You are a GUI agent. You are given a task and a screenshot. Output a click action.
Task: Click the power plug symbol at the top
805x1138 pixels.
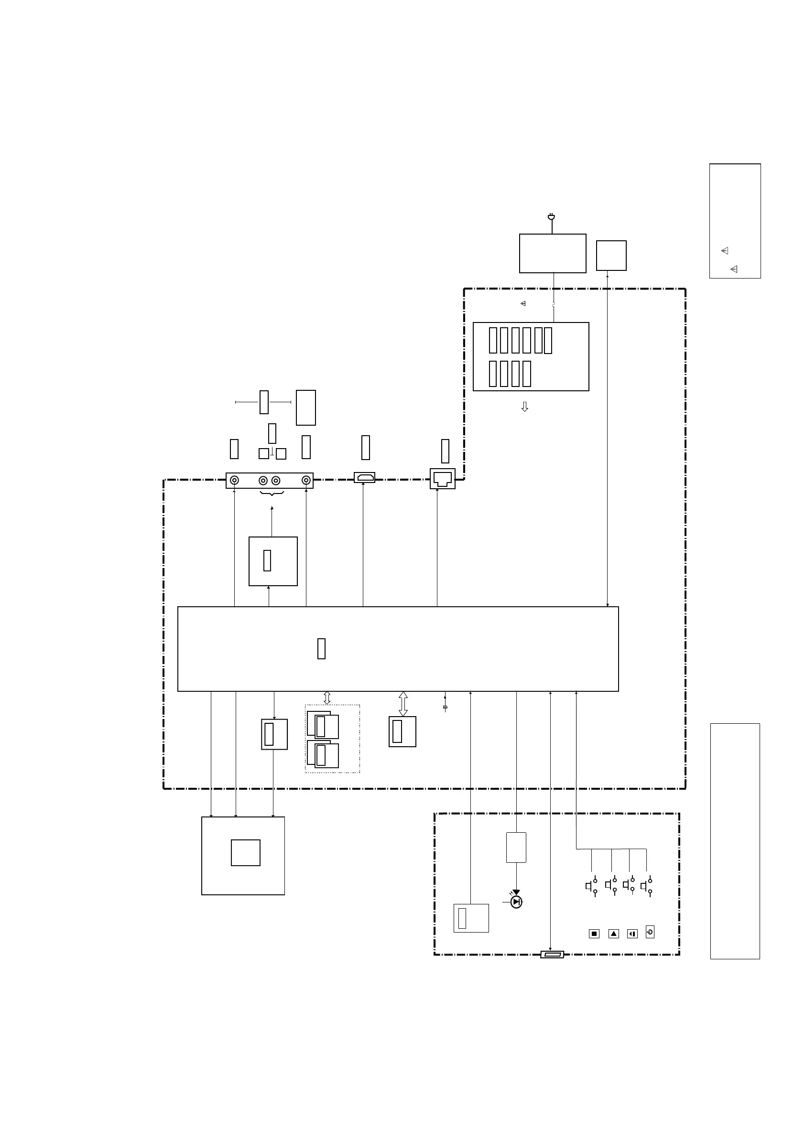tap(551, 217)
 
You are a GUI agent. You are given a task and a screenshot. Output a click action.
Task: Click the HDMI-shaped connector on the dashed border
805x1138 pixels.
tap(365, 478)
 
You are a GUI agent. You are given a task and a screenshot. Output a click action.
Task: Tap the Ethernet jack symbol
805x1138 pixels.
tap(443, 479)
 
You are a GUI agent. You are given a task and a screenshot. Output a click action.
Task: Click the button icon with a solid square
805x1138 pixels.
tap(594, 934)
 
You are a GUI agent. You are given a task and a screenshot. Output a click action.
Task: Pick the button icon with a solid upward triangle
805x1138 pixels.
tap(613, 934)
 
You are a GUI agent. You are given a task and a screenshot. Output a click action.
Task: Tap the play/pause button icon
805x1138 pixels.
tap(632, 934)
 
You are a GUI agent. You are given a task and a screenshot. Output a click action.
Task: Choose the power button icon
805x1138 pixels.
tap(650, 932)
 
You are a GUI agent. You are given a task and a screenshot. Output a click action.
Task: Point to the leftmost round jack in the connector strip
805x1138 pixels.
tap(235, 480)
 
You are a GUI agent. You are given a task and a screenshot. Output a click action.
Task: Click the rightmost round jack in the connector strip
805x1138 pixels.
tap(306, 480)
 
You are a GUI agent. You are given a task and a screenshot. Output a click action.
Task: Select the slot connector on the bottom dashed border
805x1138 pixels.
tap(552, 955)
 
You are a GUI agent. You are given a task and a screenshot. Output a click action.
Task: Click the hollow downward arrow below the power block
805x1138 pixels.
tap(525, 407)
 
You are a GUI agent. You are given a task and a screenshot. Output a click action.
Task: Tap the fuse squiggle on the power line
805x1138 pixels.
tap(554, 305)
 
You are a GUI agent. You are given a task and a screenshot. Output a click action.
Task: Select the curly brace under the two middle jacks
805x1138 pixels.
tap(272, 494)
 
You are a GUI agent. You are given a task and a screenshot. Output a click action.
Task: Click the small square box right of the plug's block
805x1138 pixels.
tap(611, 256)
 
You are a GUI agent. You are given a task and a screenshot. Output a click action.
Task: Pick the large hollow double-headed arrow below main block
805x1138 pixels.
tap(403, 704)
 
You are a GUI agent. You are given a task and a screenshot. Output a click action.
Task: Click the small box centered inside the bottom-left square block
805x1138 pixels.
tap(246, 853)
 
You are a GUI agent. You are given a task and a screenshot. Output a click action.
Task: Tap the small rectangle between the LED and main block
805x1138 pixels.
tap(516, 848)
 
